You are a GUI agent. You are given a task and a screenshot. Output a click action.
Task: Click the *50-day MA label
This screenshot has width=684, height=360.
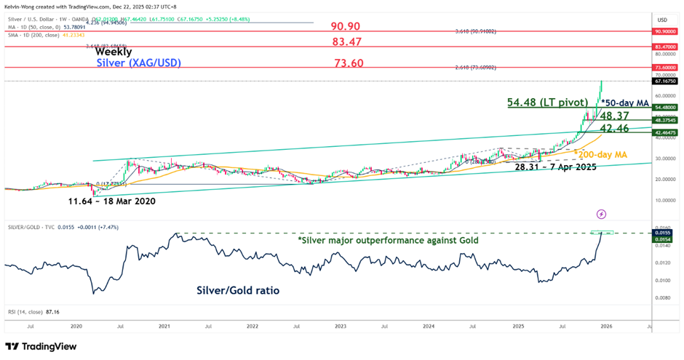pos(625,103)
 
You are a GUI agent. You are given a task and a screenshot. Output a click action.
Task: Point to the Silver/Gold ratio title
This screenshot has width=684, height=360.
pos(238,290)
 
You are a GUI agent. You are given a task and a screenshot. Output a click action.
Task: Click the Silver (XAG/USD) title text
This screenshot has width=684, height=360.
pos(139,63)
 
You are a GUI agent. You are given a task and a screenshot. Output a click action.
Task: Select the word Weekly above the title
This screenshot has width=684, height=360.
pos(114,52)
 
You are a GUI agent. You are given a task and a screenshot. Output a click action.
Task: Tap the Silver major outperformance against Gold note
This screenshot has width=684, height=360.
pos(388,240)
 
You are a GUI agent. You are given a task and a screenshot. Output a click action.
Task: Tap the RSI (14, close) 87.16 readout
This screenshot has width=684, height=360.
pos(29,311)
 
